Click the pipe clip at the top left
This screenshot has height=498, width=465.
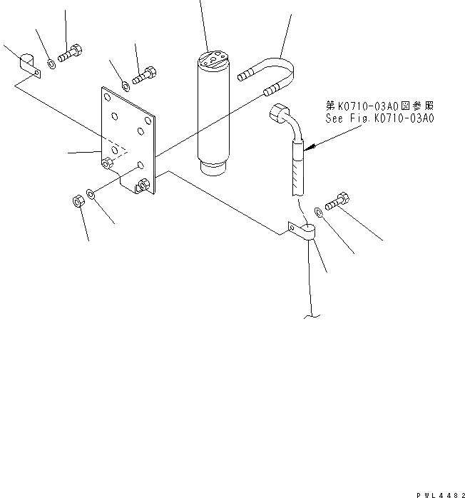click(28, 65)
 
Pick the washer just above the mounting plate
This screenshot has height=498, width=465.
click(126, 86)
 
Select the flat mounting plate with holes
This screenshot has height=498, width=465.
click(126, 139)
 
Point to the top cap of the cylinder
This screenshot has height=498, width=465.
click(212, 60)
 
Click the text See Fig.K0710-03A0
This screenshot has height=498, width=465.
click(379, 119)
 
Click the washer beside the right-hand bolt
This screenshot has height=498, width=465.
click(319, 210)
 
